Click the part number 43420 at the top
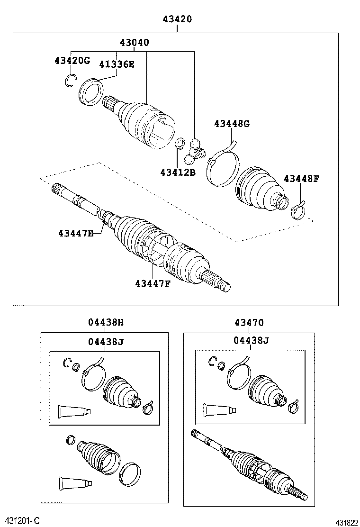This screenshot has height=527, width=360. (177, 19)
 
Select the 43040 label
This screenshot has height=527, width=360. (135, 43)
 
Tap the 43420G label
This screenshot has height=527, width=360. (72, 61)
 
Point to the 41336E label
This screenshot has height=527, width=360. (117, 64)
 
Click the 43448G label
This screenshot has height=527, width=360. (232, 124)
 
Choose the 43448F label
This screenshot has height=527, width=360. (302, 179)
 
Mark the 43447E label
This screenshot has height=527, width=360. (76, 233)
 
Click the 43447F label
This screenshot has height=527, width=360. (153, 283)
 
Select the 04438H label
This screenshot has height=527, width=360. (105, 323)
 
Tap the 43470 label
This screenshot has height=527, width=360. (249, 323)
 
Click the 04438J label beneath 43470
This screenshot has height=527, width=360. (251, 341)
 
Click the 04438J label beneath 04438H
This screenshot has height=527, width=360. (105, 341)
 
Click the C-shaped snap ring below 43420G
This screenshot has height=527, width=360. (70, 82)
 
